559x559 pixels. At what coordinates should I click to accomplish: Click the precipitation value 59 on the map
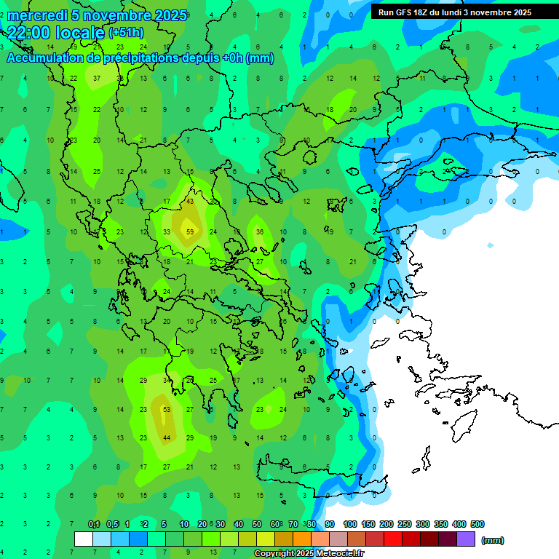point(190,232)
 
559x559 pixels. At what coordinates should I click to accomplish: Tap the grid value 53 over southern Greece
point(167,410)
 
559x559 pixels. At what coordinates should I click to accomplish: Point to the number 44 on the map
point(167,437)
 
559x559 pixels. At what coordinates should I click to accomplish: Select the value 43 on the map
point(190,201)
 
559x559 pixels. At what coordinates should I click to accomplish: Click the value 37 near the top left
point(97,78)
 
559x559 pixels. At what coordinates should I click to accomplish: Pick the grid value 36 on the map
point(260,232)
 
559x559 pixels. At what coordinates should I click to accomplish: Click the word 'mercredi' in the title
point(37,15)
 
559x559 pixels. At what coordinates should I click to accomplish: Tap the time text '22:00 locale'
point(55,32)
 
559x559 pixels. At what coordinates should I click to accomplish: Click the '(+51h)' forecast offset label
point(126,33)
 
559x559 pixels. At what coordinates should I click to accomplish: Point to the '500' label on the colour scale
point(477,524)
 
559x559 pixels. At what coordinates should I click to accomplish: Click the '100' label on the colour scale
point(350,524)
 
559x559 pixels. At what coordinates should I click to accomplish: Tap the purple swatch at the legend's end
point(467,539)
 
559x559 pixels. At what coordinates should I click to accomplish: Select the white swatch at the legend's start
point(84,539)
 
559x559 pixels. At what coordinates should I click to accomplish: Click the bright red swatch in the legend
point(394,539)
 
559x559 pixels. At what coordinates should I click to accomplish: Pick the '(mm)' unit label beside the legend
point(493,540)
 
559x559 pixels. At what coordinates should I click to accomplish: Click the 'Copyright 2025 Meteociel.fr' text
point(309,554)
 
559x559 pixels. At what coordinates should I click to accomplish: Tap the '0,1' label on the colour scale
point(94,524)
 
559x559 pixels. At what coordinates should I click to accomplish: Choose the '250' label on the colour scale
point(405,524)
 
